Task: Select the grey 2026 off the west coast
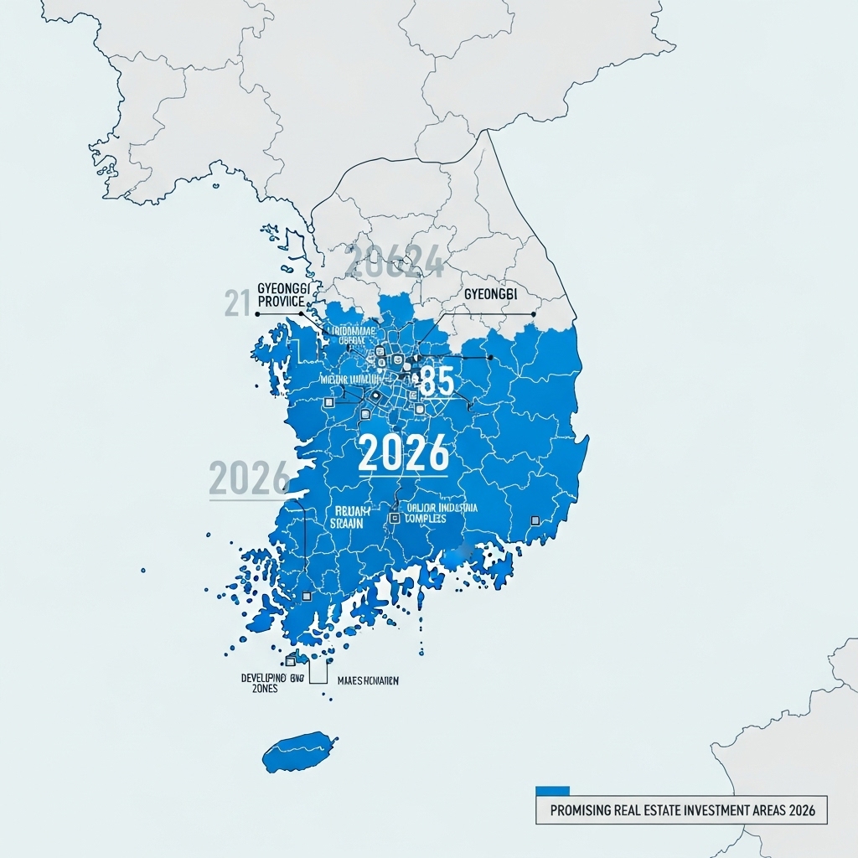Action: (249, 478)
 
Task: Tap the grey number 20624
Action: (394, 263)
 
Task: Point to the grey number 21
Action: (238, 302)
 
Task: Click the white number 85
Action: (435, 381)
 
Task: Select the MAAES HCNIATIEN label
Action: (367, 681)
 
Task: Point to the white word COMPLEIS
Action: (425, 519)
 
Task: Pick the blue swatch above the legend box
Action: (552, 790)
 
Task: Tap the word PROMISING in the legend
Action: (585, 811)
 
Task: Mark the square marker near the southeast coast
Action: (535, 520)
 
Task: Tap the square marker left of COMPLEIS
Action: (394, 519)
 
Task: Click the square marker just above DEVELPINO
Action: (291, 661)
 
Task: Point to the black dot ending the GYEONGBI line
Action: (533, 314)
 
